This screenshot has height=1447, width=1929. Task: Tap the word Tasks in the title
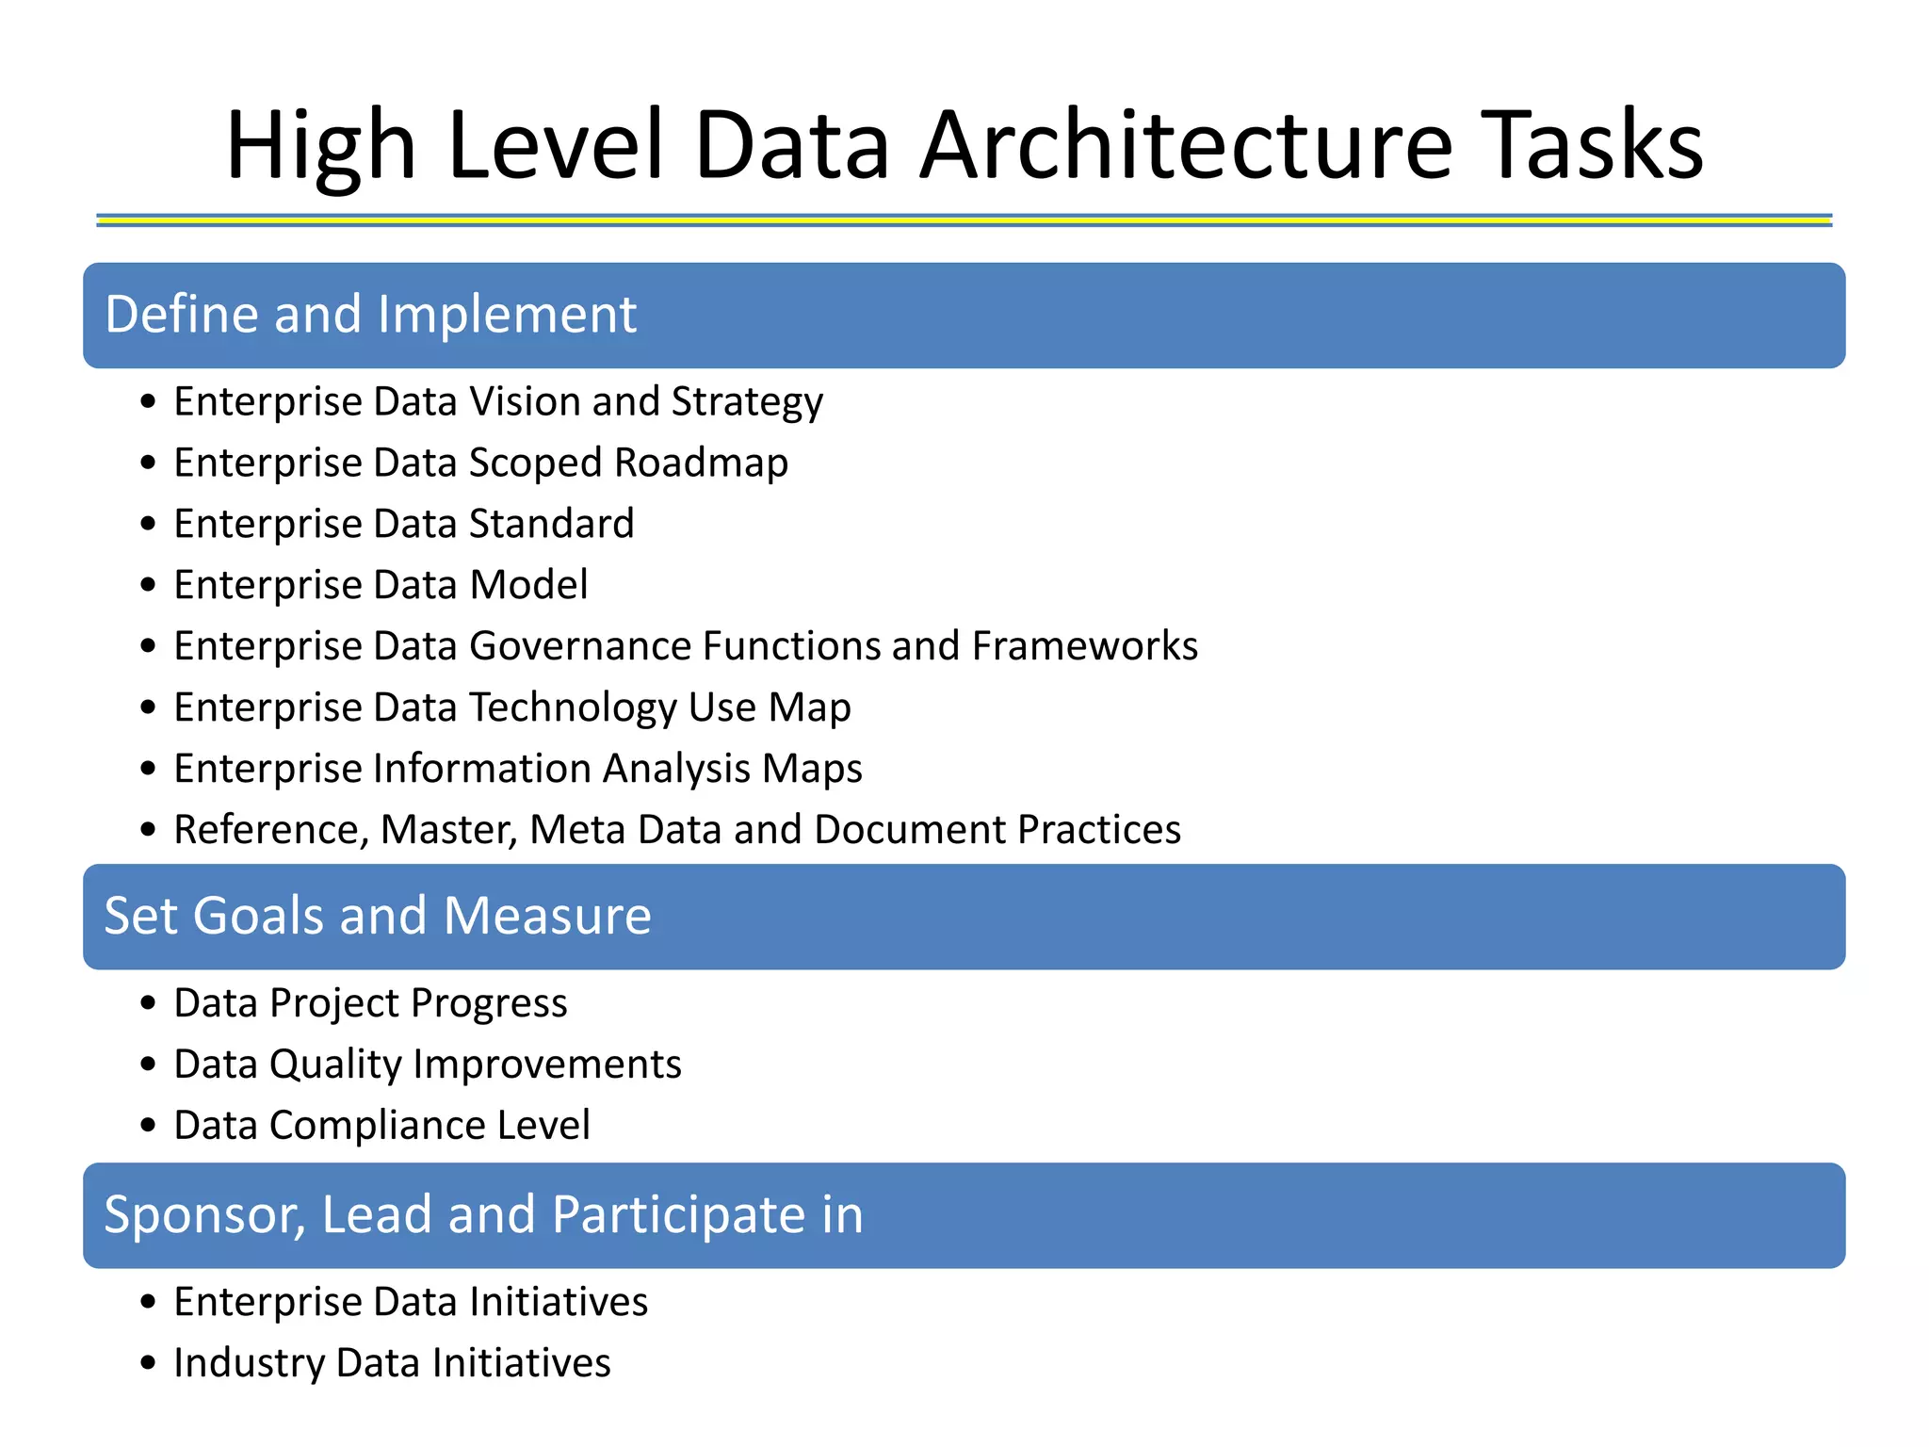1596,146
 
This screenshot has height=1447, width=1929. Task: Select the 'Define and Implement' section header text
370,315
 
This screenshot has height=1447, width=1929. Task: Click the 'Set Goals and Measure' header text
377,916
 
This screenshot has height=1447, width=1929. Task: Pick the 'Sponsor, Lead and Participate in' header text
483,1214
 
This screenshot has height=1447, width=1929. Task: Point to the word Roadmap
701,463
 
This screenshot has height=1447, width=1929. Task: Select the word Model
528,585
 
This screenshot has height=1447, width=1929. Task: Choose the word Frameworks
1084,646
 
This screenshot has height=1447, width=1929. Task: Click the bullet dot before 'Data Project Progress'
148,1003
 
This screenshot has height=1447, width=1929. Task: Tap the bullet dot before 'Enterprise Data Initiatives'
148,1303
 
